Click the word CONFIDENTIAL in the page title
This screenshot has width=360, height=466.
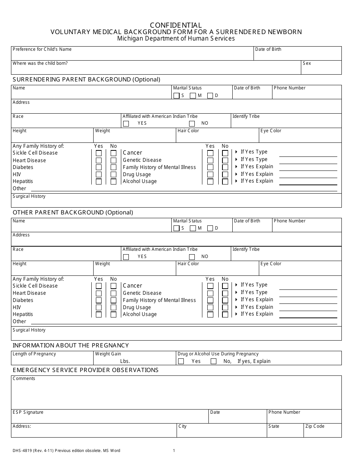(176, 25)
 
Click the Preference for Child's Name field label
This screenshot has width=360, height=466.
(42, 49)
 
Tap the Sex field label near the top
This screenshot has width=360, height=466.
(307, 63)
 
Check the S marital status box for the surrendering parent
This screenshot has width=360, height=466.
(176, 95)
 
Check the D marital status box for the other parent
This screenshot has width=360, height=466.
(210, 228)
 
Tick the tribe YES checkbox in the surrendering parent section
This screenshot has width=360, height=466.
(126, 124)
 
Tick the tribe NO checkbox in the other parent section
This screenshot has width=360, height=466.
(192, 256)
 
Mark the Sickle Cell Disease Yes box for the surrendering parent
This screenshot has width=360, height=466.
(99, 153)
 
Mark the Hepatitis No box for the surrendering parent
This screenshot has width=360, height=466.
(113, 181)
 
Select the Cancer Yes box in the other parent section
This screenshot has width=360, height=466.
(210, 286)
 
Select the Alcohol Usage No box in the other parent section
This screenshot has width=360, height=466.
(225, 314)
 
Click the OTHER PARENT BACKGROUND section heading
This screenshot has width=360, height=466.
(73, 213)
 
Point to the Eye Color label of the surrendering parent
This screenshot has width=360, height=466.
(271, 131)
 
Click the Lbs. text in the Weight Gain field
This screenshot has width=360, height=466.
(125, 361)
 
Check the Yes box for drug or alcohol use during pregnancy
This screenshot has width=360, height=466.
(181, 361)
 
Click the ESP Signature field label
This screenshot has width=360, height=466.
(28, 412)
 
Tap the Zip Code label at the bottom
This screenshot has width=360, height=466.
(315, 426)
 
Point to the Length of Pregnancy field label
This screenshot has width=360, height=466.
(34, 354)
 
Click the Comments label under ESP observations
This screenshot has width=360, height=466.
(24, 378)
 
